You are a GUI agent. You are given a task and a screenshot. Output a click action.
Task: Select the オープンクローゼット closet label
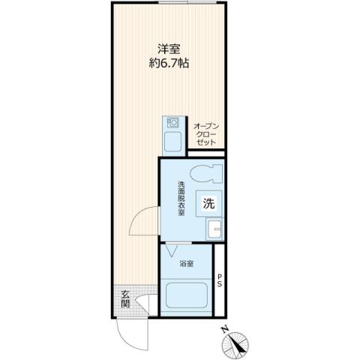[x=205, y=133]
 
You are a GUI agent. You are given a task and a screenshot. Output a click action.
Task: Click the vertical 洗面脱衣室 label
[x=181, y=199]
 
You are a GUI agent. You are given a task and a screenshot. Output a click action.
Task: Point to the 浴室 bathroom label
[x=187, y=264]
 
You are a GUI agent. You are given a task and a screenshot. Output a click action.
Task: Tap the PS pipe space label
[x=219, y=280]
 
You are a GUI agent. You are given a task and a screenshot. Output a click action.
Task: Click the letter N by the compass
[x=225, y=328]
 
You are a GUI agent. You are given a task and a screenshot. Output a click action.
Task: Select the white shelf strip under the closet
[x=205, y=154]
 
